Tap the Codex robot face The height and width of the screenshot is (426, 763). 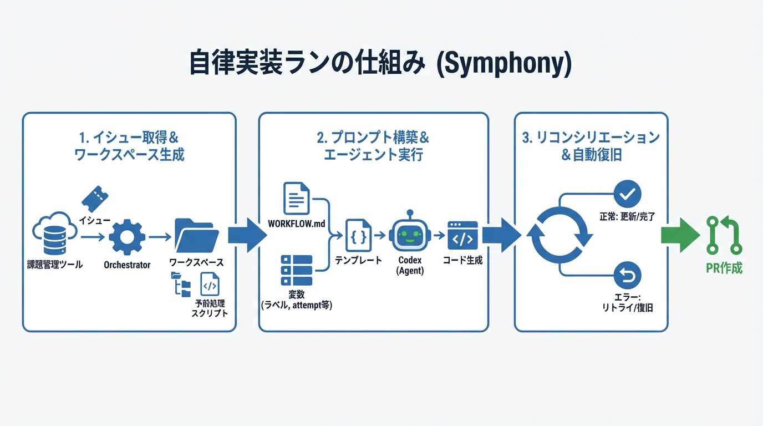point(410,235)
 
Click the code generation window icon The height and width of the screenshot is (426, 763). point(462,236)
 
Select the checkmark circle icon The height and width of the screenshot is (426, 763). point(628,194)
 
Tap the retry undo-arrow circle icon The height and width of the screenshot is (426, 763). point(628,275)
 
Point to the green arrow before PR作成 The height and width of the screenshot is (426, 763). point(681,235)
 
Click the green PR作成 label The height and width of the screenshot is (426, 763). point(724,268)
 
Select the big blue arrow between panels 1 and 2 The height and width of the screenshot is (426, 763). point(247,235)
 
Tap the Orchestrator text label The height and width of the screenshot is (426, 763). point(127,265)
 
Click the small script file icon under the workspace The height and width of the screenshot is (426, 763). point(210,285)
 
